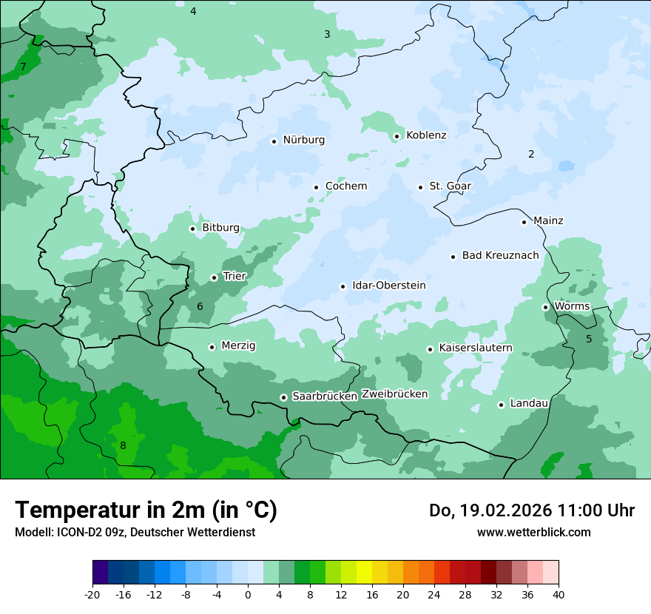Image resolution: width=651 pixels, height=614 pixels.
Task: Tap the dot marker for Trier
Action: [x=214, y=277]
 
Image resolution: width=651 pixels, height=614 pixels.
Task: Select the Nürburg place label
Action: [x=303, y=140]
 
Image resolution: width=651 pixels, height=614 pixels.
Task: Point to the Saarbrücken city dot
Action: [x=283, y=397]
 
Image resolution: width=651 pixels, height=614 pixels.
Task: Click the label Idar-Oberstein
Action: [x=388, y=286]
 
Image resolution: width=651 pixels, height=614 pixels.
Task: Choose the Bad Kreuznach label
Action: [x=500, y=255]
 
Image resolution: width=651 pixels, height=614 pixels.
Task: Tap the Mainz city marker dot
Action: [x=524, y=222]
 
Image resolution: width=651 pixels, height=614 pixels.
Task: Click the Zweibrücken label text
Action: [x=394, y=394]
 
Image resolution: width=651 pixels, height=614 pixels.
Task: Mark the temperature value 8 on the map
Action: [x=123, y=445]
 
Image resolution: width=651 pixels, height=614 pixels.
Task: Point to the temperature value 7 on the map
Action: [x=23, y=67]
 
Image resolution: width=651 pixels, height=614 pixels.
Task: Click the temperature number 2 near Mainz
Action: [x=531, y=154]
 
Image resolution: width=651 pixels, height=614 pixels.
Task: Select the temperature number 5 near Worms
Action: [x=589, y=339]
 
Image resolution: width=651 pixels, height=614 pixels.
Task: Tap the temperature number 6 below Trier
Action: [x=200, y=306]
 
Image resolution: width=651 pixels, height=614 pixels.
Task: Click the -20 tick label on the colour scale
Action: [x=92, y=595]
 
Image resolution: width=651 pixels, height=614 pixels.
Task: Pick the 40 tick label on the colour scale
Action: [x=559, y=595]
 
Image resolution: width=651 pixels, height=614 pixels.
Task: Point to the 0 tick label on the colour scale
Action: [x=248, y=595]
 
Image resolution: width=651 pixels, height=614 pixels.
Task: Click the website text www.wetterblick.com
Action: [x=533, y=532]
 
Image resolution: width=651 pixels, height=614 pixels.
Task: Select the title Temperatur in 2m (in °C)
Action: [x=146, y=510]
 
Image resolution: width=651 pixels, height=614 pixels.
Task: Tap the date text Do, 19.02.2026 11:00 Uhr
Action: [x=532, y=510]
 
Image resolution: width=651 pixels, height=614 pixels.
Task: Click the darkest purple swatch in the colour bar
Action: [x=101, y=573]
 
